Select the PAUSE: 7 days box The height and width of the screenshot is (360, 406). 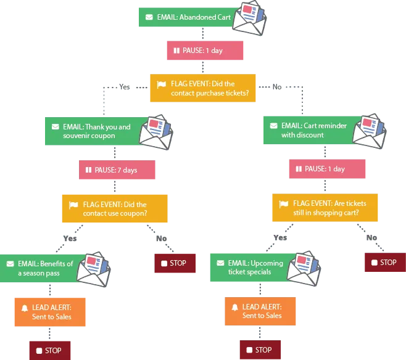117,170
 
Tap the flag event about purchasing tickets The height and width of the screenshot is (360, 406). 203,88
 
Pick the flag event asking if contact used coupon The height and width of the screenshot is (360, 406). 115,208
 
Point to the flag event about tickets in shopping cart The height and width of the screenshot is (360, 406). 325,207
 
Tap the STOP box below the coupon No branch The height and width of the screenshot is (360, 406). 175,263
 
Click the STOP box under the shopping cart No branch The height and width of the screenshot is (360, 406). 385,262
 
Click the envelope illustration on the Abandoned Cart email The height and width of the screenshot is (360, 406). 250,18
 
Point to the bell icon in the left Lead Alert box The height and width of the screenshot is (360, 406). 25,308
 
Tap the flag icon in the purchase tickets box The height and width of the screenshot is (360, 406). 161,84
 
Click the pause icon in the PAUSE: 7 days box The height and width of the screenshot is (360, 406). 89,170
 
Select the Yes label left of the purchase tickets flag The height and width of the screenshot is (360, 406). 125,87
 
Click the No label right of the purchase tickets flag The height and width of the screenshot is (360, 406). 277,87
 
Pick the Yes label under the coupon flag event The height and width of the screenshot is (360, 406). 70,238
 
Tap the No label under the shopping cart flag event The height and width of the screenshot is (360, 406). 371,237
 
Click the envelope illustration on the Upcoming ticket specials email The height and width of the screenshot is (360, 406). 304,268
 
